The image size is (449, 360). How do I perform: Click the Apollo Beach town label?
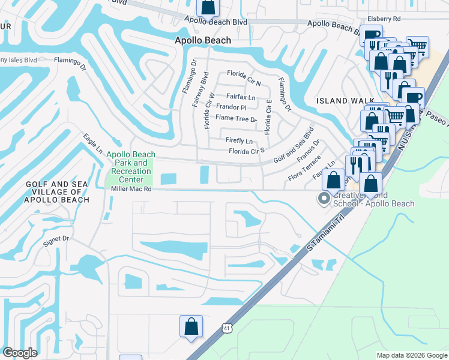tap(202, 40)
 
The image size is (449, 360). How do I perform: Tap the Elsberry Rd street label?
tap(384, 19)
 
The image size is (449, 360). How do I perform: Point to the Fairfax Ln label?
tap(241, 97)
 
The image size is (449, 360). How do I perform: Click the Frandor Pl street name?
tap(231, 107)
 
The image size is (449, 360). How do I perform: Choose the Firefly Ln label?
tap(238, 140)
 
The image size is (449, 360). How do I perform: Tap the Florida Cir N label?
tap(244, 74)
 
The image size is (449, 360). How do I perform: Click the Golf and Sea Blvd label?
tap(294, 146)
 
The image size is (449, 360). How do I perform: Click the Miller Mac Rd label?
tap(131, 188)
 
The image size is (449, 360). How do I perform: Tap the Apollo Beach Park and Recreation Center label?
tap(129, 167)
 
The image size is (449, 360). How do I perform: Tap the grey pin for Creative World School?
tap(324, 198)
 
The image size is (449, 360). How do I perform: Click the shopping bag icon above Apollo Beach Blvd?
tap(208, 7)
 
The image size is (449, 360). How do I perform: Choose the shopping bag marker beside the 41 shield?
tap(191, 327)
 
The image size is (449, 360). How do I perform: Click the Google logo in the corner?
tap(20, 353)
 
